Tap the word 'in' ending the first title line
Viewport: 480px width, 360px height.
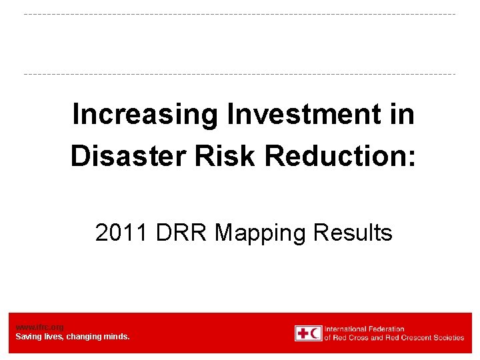point(403,115)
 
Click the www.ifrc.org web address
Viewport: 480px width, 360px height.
point(39,327)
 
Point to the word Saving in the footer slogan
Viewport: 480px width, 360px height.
point(28,337)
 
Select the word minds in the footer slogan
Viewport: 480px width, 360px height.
point(117,337)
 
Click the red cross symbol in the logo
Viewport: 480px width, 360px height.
point(302,333)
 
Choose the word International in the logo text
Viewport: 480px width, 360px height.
point(345,329)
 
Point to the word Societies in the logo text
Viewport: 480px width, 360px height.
point(447,337)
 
